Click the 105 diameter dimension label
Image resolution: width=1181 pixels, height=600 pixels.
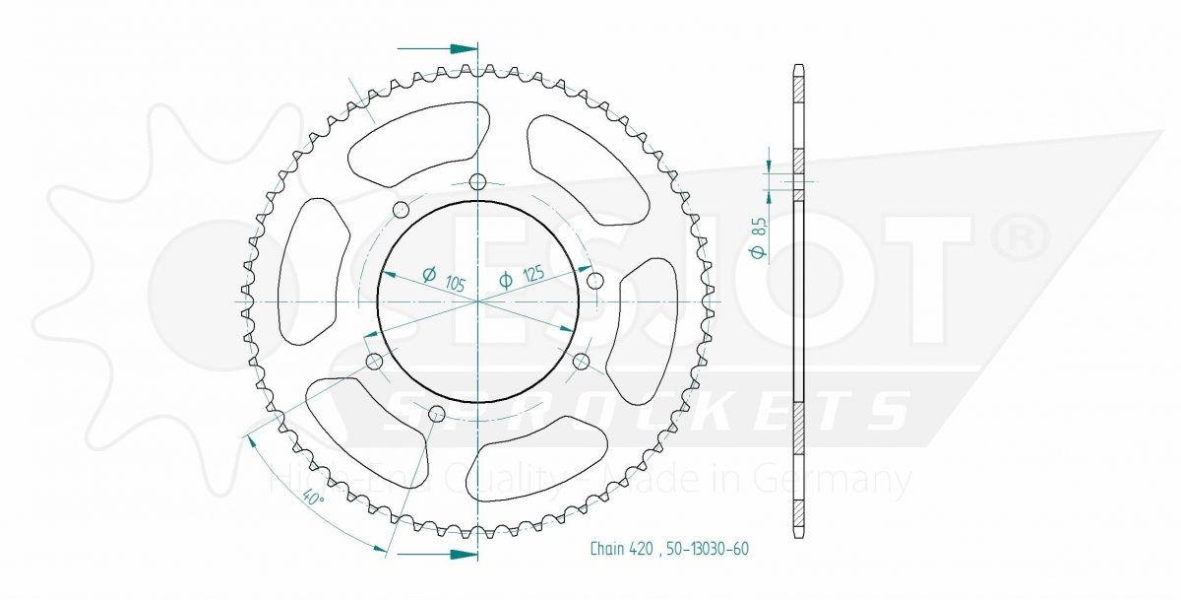pos(444,279)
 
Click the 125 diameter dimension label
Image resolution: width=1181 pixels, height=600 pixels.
pos(521,276)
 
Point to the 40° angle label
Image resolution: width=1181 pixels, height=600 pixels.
pos(313,498)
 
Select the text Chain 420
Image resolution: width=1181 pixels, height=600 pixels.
pos(621,549)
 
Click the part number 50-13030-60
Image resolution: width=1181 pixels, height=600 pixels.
pos(707,549)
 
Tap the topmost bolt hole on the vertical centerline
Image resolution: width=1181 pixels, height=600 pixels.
pos(477,182)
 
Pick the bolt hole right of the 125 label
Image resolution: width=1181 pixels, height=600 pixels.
pos(595,280)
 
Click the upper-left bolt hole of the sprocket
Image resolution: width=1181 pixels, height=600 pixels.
pos(402,210)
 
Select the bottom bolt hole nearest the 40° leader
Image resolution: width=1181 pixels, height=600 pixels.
pos(435,414)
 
